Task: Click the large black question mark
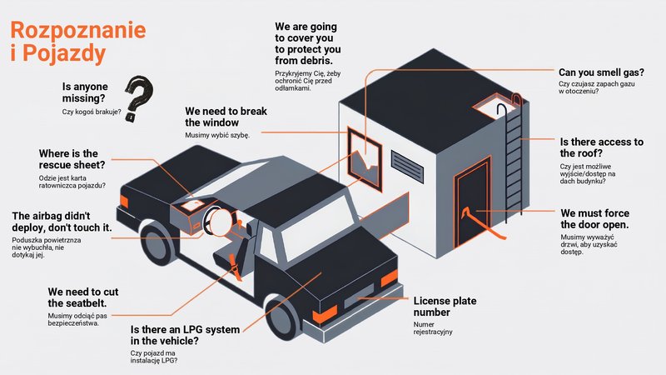(x=139, y=98)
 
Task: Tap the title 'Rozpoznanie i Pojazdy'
(x=77, y=41)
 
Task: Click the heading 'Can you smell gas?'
(x=601, y=72)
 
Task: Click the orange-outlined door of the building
(x=472, y=202)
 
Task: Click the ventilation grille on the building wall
(x=407, y=166)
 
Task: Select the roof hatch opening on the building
(x=494, y=107)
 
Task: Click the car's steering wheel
(x=218, y=222)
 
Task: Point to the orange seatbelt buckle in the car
(x=235, y=267)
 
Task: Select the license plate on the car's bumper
(x=360, y=297)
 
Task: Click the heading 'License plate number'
(x=445, y=307)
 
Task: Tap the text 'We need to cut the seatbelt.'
(x=82, y=297)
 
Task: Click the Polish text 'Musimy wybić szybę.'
(x=217, y=135)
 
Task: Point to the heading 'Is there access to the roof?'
(x=601, y=147)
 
